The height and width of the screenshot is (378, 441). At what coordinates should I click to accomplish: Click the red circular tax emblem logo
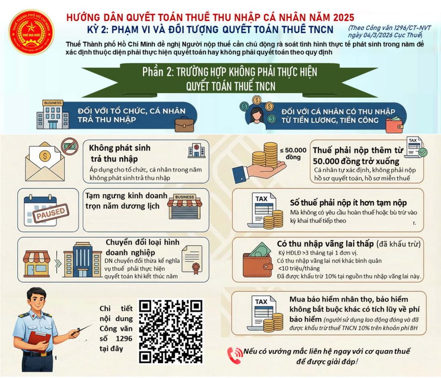pos(31,32)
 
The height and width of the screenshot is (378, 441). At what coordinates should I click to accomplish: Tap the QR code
pos(171,331)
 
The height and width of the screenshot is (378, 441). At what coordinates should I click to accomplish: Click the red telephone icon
pos(235,355)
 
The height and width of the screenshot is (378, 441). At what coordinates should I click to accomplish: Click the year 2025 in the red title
pos(344,17)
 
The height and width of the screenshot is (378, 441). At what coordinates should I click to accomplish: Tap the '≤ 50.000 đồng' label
pos(293,154)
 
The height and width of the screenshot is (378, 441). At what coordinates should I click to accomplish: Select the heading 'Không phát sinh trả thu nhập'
pos(120,153)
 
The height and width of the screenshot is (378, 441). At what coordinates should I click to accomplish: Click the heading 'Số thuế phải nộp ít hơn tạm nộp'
pos(348,203)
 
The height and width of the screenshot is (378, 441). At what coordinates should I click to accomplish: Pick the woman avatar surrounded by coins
pos(256,116)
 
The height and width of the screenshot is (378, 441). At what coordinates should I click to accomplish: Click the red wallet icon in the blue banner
pos(395,125)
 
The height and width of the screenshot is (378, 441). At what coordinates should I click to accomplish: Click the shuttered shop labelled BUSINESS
pos(185,206)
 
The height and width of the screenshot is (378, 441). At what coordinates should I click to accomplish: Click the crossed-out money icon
pos(70,147)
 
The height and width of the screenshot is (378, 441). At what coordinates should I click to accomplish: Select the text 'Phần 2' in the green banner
pos(158,72)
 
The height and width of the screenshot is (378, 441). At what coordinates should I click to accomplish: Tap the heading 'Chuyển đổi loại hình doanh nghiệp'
pos(142,247)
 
